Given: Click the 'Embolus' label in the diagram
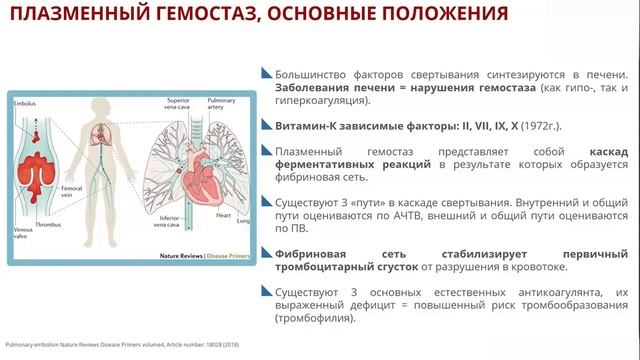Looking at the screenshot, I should tap(27, 103).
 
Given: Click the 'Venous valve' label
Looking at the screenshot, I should tap(24, 235).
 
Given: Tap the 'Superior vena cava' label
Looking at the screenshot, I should tap(179, 105).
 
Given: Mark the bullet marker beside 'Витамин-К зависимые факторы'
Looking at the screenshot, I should tap(265, 126).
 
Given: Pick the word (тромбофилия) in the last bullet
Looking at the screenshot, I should tap(309, 318).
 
